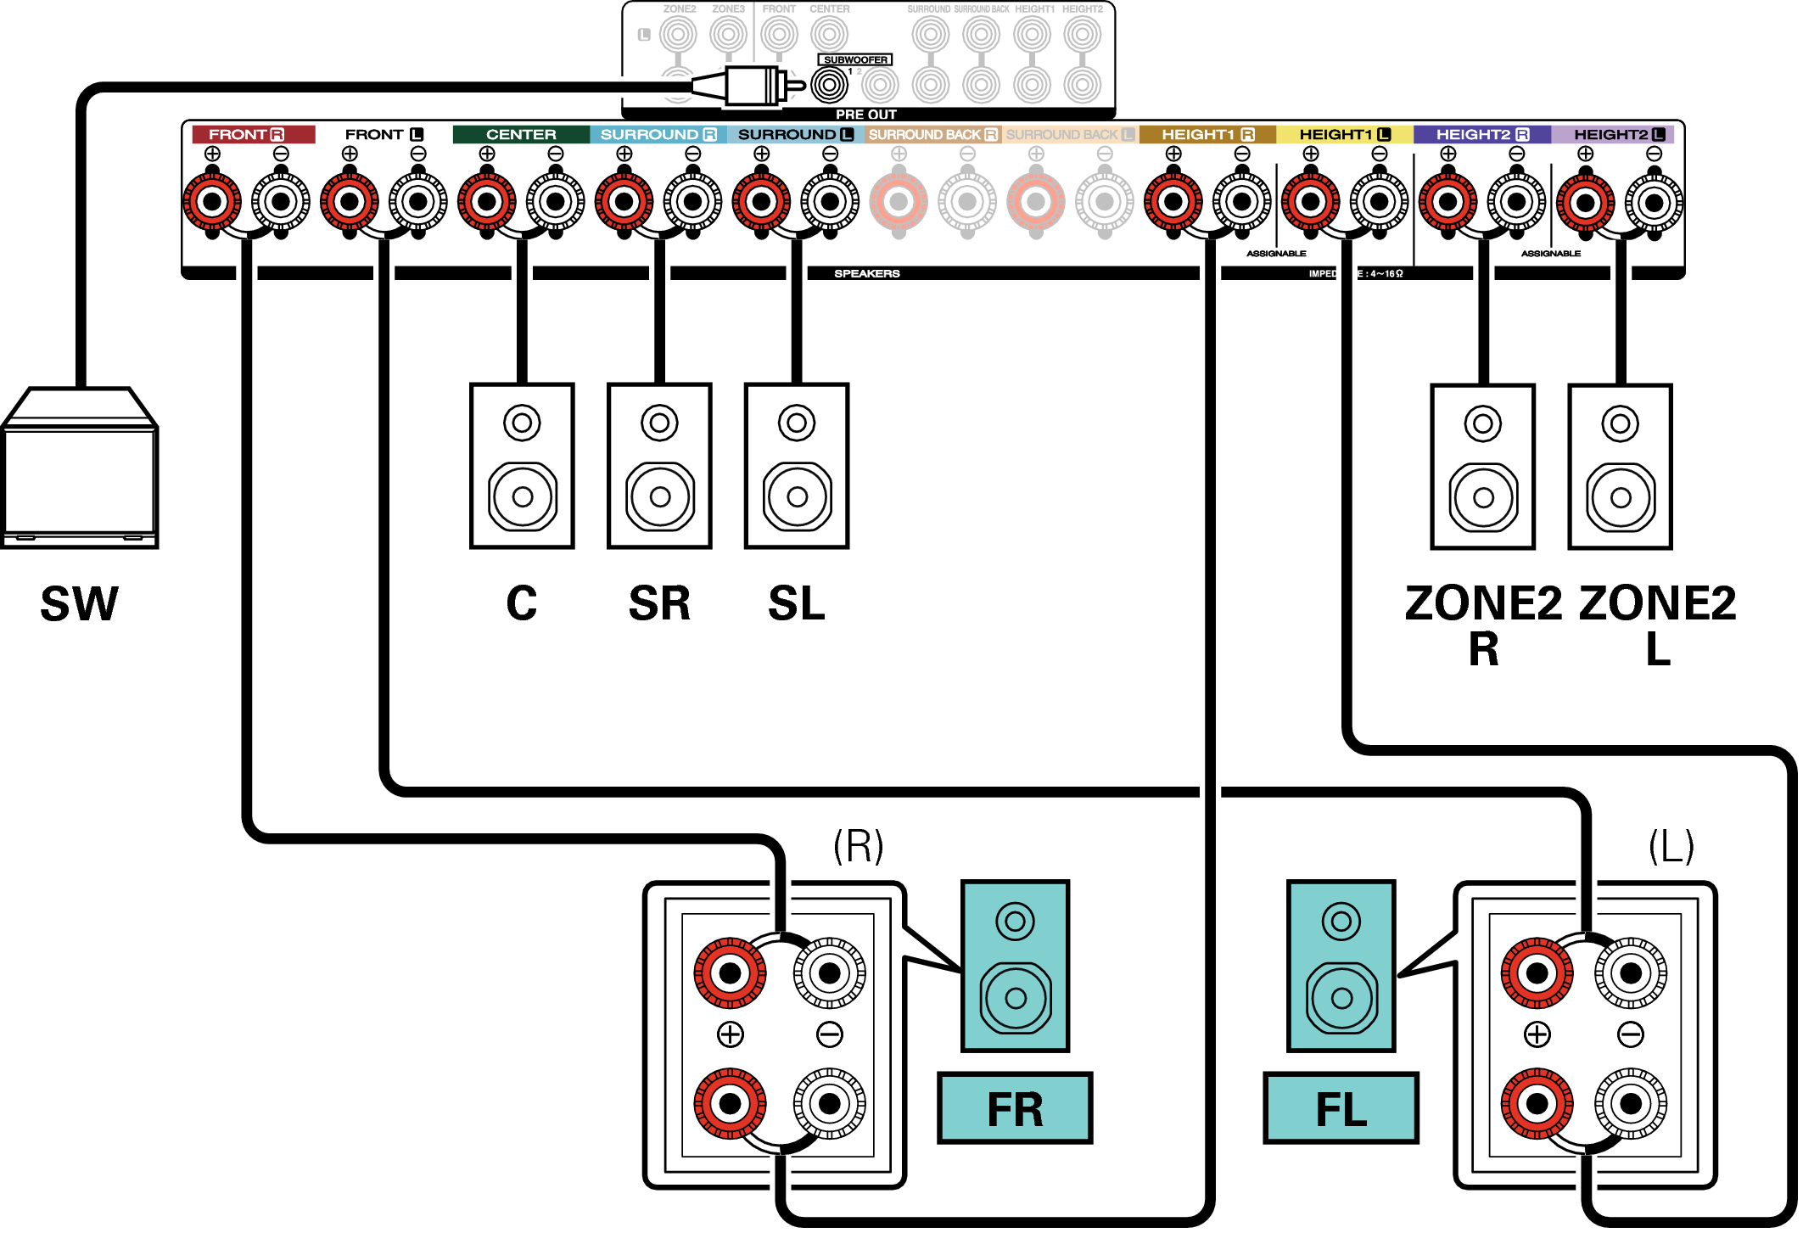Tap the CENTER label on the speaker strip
(520, 134)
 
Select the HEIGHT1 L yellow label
(1344, 134)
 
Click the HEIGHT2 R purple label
(1481, 134)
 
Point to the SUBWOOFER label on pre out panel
(855, 59)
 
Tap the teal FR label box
(1014, 1108)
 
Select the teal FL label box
(1340, 1108)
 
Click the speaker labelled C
(522, 466)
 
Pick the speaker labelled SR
(659, 466)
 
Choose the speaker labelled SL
(796, 466)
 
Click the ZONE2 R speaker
(1482, 467)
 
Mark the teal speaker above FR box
(1015, 966)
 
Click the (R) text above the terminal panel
(858, 846)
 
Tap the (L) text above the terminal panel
(1671, 846)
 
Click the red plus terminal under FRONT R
(212, 202)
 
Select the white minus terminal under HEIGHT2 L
(1654, 202)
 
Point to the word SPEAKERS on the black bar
(866, 273)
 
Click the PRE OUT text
(865, 114)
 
